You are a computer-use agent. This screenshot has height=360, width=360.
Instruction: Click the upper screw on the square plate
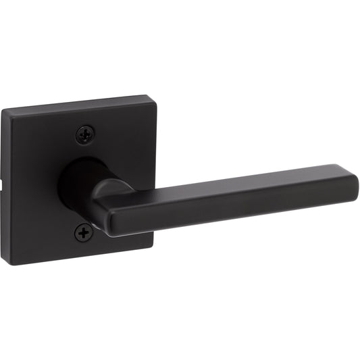[x=84, y=134]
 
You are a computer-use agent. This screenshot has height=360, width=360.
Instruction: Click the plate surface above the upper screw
[x=84, y=118]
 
